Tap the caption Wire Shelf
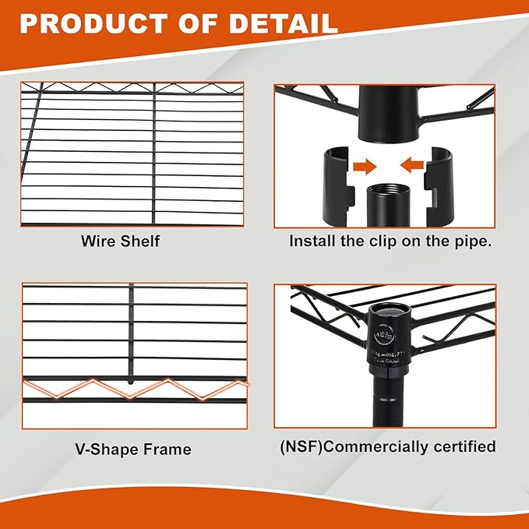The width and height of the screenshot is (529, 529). click(x=120, y=241)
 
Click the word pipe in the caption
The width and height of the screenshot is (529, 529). click(x=472, y=241)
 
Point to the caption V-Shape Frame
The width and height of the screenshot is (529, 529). click(x=133, y=450)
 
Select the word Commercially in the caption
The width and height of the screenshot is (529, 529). click(x=372, y=446)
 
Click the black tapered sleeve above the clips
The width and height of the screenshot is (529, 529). click(x=386, y=113)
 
